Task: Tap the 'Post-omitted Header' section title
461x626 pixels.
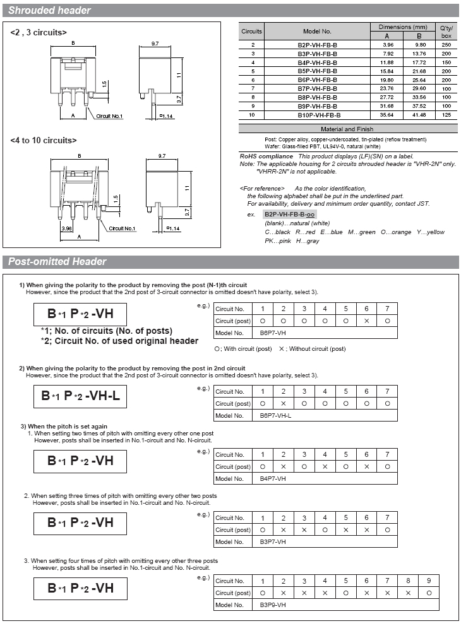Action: coord(57,262)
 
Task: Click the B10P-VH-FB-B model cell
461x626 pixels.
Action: coord(319,115)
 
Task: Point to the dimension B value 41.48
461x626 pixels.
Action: coord(418,115)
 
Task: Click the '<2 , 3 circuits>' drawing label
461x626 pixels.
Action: coord(39,32)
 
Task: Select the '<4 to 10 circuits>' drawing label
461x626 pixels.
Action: coord(44,140)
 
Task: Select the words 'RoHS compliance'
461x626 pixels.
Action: coord(266,156)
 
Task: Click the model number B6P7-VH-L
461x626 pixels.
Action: coord(276,415)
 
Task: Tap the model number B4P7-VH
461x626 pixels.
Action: coord(273,478)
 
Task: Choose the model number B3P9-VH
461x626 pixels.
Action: coord(273,605)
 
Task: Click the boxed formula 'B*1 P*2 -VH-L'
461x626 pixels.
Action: coord(80,396)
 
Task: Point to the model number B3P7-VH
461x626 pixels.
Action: coord(273,541)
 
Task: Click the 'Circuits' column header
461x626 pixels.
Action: coord(252,31)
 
